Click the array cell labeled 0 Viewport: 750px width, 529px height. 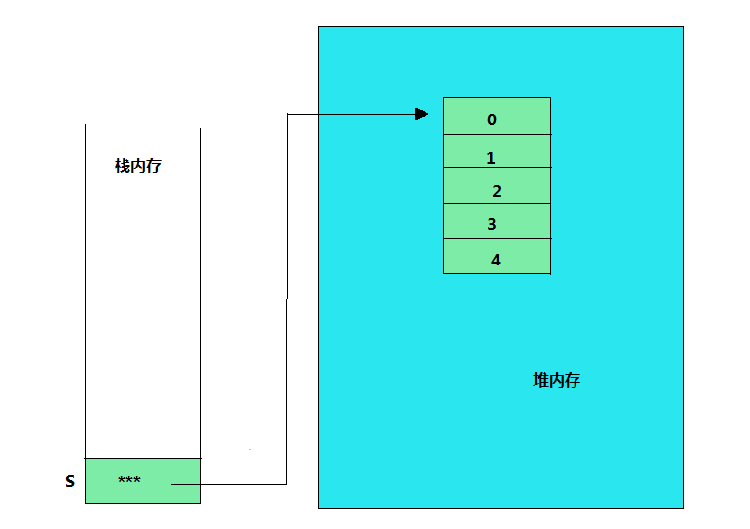(x=496, y=117)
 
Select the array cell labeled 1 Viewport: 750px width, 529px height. (x=496, y=152)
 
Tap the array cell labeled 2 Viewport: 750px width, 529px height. (x=496, y=186)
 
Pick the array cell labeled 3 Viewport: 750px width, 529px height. (x=496, y=221)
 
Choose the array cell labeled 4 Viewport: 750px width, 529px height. (x=496, y=257)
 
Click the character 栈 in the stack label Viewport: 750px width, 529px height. (x=123, y=167)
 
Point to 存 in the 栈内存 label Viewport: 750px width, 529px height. (x=154, y=167)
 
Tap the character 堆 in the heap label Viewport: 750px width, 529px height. (x=541, y=380)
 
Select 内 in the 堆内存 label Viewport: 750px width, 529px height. (x=557, y=380)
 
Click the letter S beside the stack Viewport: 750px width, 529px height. (x=70, y=482)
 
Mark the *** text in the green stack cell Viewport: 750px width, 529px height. (x=128, y=480)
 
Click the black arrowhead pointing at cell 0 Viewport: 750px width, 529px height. (x=422, y=114)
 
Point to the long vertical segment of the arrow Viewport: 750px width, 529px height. (x=287, y=294)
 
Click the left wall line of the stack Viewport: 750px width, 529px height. (x=85, y=294)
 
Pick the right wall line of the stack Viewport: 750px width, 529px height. (x=200, y=294)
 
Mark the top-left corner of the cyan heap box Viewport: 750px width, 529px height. (x=319, y=27)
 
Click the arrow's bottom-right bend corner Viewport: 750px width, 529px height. (x=287, y=484)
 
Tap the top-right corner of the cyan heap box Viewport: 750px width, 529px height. (x=683, y=27)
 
